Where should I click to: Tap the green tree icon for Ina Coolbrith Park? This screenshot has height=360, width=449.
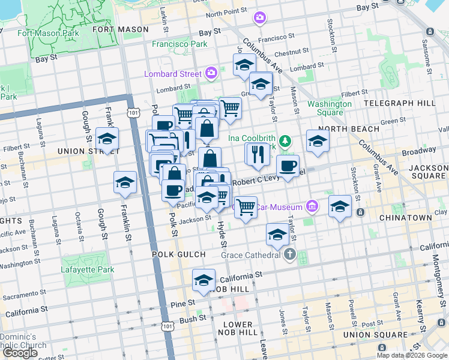pyautogui.click(x=286, y=141)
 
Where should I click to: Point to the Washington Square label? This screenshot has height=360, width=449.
pyautogui.click(x=329, y=108)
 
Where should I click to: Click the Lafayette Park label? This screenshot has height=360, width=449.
pyautogui.click(x=87, y=270)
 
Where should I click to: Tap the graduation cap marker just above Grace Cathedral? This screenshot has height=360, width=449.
pyautogui.click(x=277, y=234)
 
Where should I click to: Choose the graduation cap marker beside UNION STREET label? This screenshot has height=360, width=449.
pyautogui.click(x=107, y=139)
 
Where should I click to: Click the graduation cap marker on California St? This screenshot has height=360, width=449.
pyautogui.click(x=203, y=280)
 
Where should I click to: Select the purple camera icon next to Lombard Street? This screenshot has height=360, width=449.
pyautogui.click(x=211, y=73)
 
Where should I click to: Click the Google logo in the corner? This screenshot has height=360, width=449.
pyautogui.click(x=20, y=353)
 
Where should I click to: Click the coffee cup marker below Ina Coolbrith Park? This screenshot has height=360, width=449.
pyautogui.click(x=288, y=166)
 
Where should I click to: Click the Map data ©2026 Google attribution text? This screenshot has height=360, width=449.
pyautogui.click(x=412, y=355)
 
